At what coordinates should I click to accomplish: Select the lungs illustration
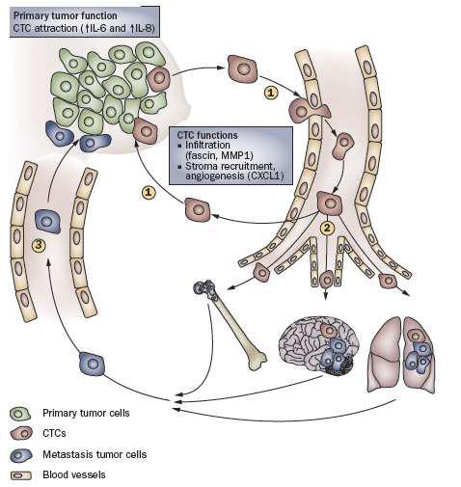[x=401, y=355]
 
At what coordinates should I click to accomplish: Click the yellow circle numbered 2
[x=327, y=229]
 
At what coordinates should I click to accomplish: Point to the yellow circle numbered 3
[x=39, y=246]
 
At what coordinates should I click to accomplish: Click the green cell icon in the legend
[x=20, y=414]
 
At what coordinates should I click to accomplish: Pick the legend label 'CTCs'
[x=54, y=433]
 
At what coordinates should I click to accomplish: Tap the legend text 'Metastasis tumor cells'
[x=95, y=454]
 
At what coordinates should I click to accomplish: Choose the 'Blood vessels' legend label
[x=74, y=474]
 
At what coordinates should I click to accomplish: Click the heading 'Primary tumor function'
[x=66, y=16]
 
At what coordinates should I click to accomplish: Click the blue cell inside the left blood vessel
[x=47, y=221]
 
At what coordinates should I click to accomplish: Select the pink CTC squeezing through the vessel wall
[x=308, y=111]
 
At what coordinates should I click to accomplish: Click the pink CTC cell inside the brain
[x=329, y=331]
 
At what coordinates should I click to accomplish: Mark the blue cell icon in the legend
[x=21, y=455]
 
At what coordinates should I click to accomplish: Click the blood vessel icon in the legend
[x=21, y=475]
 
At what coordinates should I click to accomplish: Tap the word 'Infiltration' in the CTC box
[x=207, y=145]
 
